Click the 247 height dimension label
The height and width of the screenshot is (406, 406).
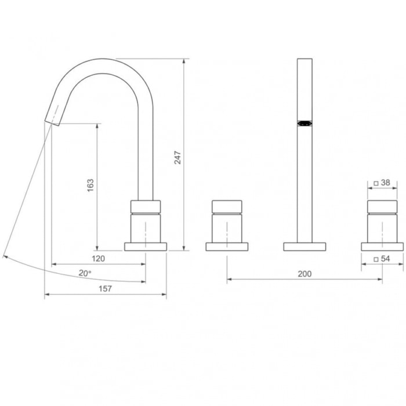177,158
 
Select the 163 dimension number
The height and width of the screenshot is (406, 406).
90,185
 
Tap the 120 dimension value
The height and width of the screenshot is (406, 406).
99,259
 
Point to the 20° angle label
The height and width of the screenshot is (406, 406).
85,273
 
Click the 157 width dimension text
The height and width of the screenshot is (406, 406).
105,288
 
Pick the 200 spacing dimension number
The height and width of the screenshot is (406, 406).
304,274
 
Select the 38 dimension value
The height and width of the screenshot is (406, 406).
386,183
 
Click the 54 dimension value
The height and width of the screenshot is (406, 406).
386,259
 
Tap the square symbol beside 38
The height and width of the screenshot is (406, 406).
376,183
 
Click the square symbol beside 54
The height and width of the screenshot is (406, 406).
376,259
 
